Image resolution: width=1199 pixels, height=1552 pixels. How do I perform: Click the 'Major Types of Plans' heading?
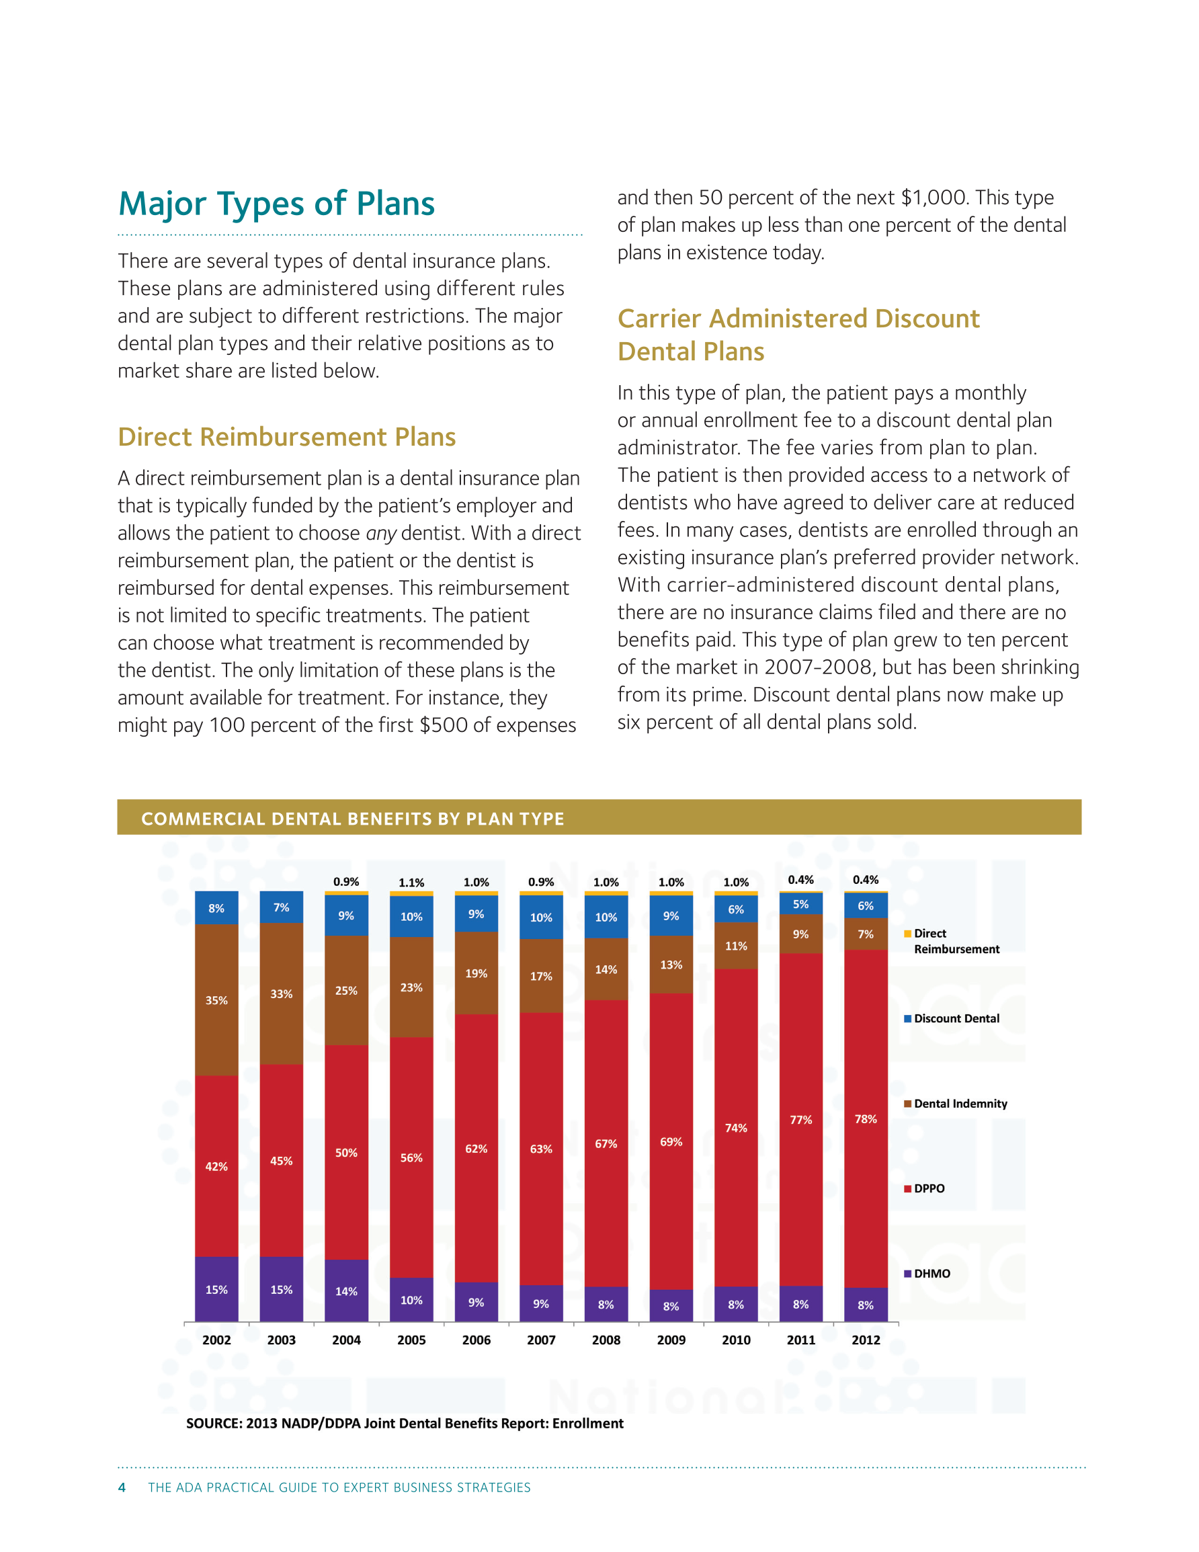276,204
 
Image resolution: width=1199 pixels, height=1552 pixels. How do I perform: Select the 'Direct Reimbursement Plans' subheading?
286,437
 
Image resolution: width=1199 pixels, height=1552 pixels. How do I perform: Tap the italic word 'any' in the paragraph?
380,534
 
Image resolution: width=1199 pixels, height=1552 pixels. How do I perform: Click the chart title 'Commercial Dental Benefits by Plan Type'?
353,819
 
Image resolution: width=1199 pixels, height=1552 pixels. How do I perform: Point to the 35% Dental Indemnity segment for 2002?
217,1000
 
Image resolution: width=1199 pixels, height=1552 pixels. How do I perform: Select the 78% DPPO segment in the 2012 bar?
866,1118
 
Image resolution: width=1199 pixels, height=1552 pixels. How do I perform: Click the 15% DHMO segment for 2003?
282,1289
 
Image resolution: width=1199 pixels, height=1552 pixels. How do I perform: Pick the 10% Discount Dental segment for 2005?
411,917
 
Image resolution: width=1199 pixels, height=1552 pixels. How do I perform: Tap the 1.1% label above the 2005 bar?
411,883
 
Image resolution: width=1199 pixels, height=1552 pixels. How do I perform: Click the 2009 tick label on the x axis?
671,1340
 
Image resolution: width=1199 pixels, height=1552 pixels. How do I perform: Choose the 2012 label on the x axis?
866,1340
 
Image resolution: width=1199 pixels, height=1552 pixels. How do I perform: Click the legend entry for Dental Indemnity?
955,1104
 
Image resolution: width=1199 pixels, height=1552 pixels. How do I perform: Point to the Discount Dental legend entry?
952,1018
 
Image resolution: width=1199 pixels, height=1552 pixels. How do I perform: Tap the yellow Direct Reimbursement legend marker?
907,934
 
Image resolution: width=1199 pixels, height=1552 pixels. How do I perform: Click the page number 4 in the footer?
122,1487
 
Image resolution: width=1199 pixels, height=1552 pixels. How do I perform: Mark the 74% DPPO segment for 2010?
737,1128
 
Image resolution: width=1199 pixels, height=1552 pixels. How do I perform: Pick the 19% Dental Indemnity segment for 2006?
477,973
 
